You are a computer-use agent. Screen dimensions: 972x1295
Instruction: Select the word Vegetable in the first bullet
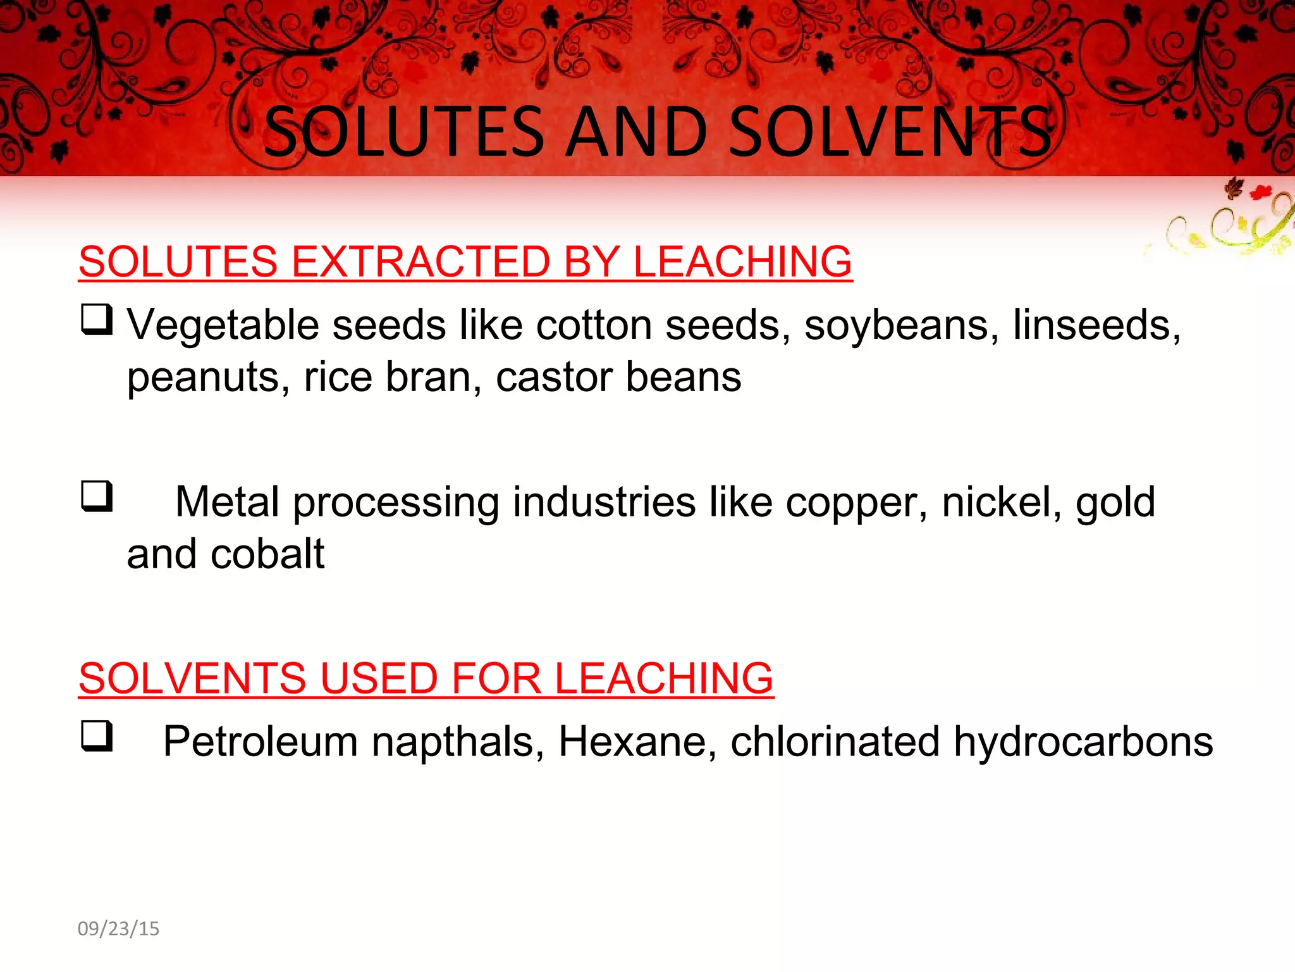coord(224,326)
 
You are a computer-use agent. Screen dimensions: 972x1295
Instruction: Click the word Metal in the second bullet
coord(227,502)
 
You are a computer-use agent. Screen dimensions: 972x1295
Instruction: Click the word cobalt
coord(267,554)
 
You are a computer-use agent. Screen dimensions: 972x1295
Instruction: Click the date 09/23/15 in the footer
coord(118,928)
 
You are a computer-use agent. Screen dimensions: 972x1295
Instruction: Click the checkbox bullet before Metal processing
coord(97,496)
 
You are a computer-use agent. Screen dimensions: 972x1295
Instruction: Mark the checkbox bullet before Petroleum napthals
coord(97,736)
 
